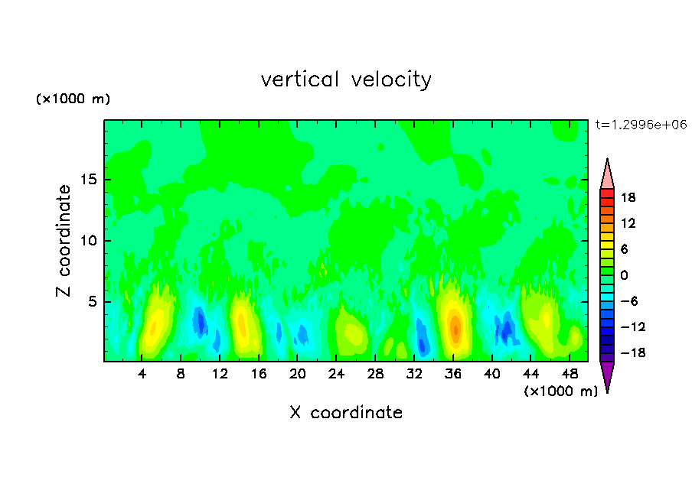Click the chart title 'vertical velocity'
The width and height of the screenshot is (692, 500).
pyautogui.click(x=346, y=80)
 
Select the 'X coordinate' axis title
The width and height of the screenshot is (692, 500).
pyautogui.click(x=346, y=413)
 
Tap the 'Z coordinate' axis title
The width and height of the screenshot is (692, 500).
pyautogui.click(x=64, y=241)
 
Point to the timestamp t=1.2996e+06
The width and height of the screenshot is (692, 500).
pyautogui.click(x=641, y=124)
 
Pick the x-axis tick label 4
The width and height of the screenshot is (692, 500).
pyautogui.click(x=142, y=374)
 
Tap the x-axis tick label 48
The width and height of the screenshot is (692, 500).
pyautogui.click(x=570, y=374)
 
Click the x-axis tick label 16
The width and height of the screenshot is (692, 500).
pyautogui.click(x=259, y=374)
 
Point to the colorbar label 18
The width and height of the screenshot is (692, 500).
pyautogui.click(x=628, y=197)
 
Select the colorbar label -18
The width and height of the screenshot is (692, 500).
pyautogui.click(x=626, y=353)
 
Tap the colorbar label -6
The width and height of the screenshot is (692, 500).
pyautogui.click(x=628, y=301)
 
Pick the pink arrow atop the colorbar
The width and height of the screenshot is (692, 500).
pyautogui.click(x=607, y=174)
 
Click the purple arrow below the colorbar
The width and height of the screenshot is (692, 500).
pyautogui.click(x=607, y=375)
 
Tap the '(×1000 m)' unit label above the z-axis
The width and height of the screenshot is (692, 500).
pyautogui.click(x=73, y=99)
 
